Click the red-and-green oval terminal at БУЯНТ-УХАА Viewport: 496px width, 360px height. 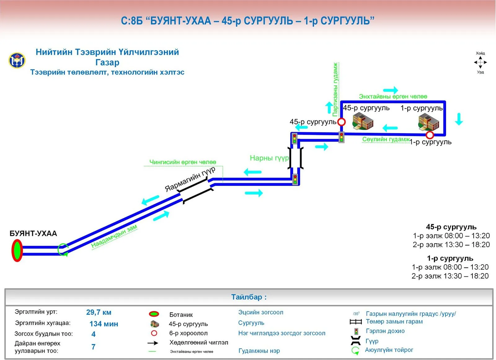17,250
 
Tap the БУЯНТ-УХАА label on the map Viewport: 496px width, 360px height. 33,233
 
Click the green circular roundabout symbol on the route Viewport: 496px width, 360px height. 63,250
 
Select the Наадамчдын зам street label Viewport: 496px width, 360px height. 114,236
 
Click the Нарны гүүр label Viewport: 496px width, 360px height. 269,158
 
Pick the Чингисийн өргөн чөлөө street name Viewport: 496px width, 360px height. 183,162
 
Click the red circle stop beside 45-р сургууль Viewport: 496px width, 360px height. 341,122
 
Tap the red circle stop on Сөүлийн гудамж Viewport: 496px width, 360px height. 430,135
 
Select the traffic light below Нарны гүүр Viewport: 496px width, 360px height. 295,179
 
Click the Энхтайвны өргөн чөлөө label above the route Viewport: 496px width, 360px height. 393,96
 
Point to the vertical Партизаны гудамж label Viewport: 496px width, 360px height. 335,90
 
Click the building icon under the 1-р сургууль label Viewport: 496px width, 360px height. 429,122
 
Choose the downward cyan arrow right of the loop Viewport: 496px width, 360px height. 459,119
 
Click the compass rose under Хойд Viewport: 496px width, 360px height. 480,62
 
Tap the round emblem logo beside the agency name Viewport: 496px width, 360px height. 17,60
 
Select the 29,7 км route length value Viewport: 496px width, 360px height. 99,312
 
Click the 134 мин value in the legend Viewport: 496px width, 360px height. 104,324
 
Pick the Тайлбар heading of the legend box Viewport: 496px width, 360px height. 249,297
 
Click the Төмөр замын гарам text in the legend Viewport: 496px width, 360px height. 394,322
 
